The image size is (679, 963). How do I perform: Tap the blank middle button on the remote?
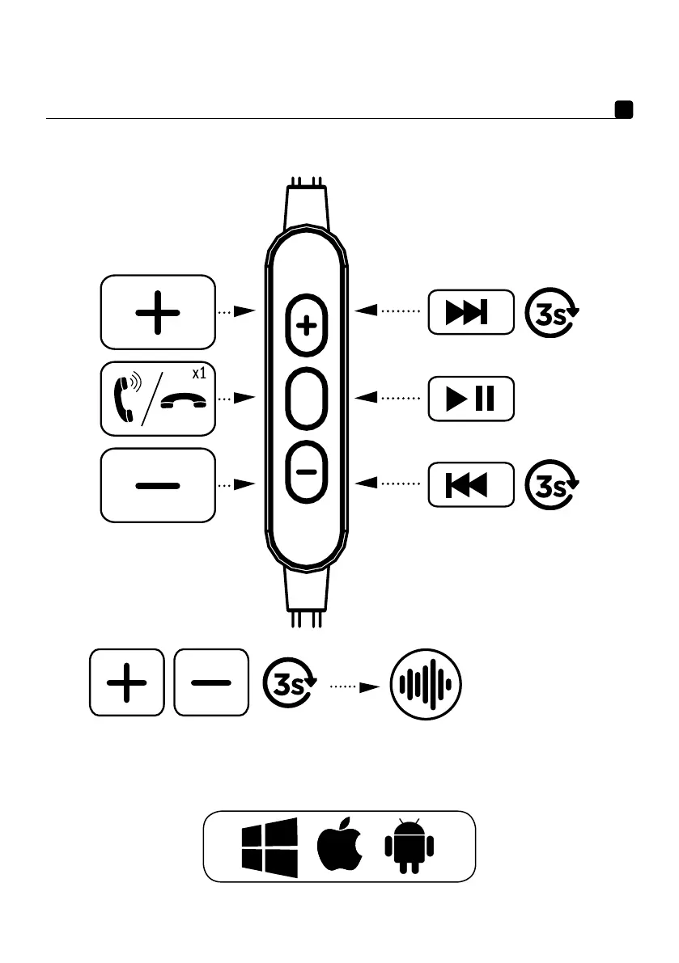pos(306,399)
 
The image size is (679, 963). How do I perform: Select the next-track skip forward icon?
pos(470,311)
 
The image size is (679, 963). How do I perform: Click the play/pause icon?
pos(470,399)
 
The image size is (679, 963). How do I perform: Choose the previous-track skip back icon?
pos(470,485)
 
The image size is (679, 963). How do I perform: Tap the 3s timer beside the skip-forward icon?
pos(552,311)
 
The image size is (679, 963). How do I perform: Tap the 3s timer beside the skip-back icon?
pos(552,485)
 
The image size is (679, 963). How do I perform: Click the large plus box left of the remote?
pos(158,311)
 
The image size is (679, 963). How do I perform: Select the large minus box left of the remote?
pos(158,485)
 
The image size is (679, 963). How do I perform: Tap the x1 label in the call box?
pos(198,374)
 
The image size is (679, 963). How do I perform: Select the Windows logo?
pos(269,847)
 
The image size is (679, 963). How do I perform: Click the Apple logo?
pos(339,847)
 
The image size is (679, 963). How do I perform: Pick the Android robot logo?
pos(409,847)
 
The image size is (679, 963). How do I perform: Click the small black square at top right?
pos(623,110)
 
